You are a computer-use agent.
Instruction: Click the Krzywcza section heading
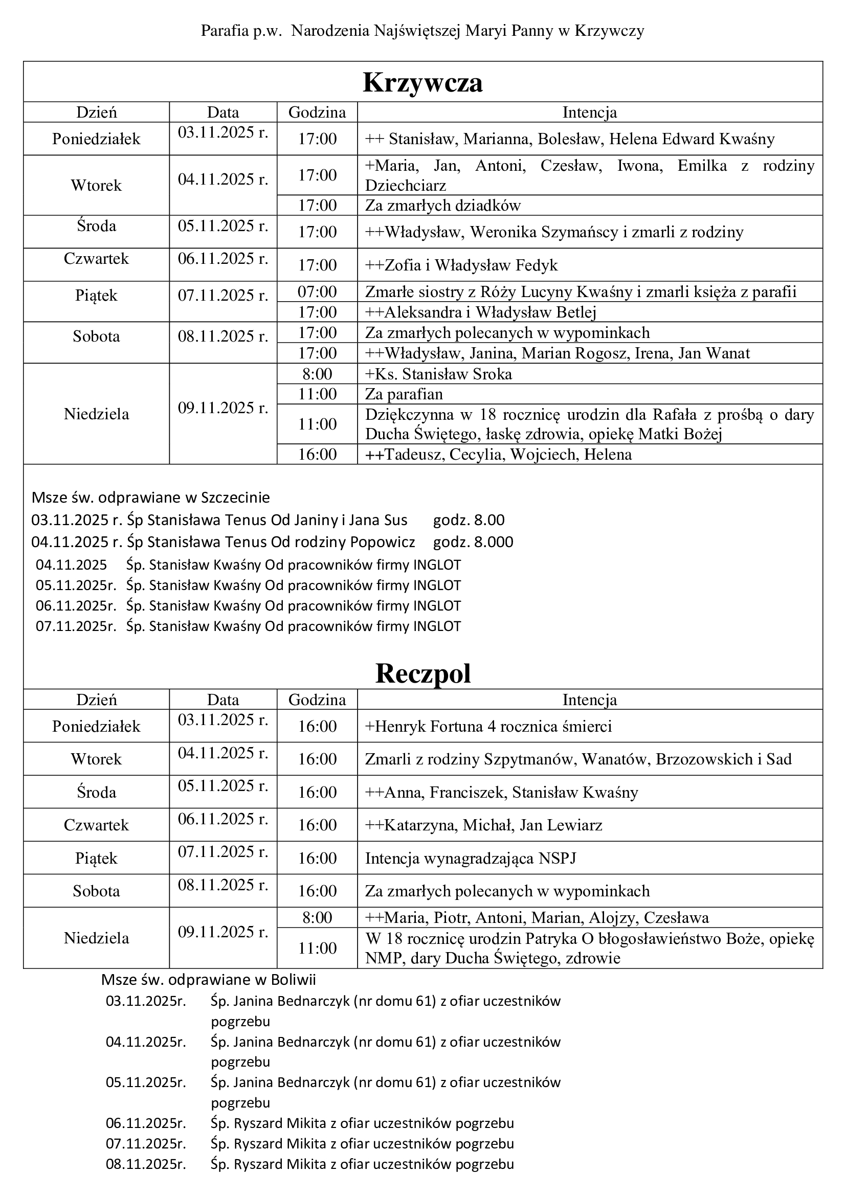coord(422,82)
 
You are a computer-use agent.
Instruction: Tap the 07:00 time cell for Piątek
coord(317,291)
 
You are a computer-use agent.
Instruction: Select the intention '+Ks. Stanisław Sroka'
coord(438,374)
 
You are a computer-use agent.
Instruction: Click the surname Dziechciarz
coord(405,186)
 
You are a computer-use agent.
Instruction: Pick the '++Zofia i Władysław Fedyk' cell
coord(461,265)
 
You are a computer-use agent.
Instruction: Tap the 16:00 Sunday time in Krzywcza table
coord(317,454)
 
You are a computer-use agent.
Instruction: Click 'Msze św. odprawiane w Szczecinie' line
coord(150,498)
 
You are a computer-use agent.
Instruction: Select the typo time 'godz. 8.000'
coord(473,542)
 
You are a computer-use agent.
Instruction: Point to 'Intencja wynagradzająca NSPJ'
coord(471,858)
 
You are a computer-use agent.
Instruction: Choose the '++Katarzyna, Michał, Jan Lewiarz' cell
coord(483,825)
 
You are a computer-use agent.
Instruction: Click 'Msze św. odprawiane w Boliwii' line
coord(208,979)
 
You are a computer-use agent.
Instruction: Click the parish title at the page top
coord(422,31)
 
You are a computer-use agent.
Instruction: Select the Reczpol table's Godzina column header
coord(317,699)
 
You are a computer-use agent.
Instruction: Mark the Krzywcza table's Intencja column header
coord(590,112)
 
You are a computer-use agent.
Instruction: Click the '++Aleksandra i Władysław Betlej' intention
coord(480,312)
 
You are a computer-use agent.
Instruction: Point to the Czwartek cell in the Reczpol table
coord(96,825)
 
